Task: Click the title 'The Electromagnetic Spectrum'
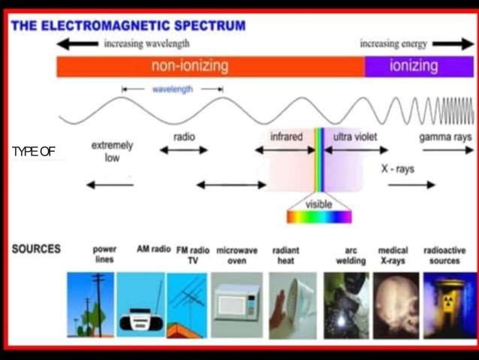point(128,25)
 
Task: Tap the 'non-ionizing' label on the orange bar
point(189,66)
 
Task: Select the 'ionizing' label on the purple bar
point(414,66)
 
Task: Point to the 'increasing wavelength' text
point(146,44)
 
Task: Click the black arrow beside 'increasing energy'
point(453,44)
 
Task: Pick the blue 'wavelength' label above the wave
point(173,89)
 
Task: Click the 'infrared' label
point(286,137)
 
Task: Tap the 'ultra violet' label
point(354,137)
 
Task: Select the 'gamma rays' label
point(445,137)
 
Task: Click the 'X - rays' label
point(397,169)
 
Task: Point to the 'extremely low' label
point(112,151)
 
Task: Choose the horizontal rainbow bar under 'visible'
point(319,217)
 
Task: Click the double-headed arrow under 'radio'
point(184,150)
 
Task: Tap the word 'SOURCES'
point(36,249)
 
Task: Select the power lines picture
point(91,304)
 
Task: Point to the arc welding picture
point(346,304)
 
